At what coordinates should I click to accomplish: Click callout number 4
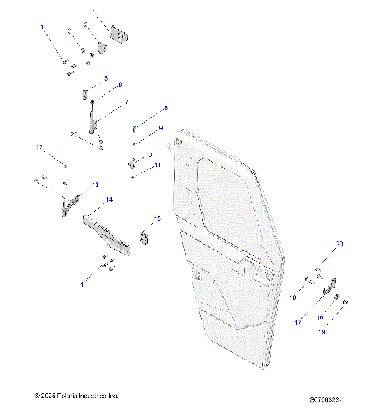click(42, 28)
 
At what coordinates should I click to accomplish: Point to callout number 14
click(109, 199)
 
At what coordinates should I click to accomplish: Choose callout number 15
click(157, 219)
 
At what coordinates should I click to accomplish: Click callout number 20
click(340, 244)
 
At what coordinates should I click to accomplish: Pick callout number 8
click(165, 108)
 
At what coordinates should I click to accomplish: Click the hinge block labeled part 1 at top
click(120, 34)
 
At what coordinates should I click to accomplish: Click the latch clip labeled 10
click(131, 163)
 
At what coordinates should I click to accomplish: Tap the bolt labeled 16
click(307, 280)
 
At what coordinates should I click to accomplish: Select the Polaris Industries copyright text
click(77, 396)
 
